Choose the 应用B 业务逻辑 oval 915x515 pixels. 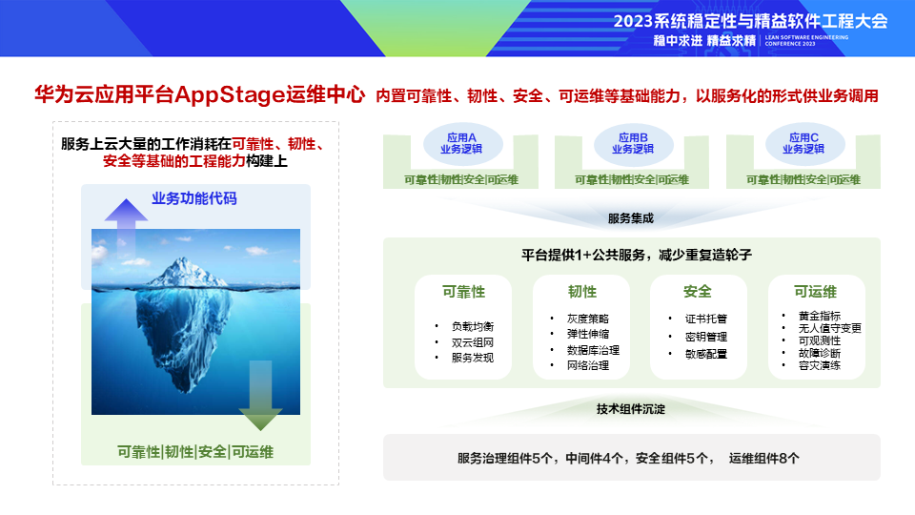point(632,143)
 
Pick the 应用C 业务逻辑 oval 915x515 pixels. point(803,143)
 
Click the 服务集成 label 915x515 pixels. point(631,218)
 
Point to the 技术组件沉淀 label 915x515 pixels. point(631,409)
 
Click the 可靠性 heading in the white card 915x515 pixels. point(463,291)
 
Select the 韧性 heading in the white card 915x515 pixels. point(581,291)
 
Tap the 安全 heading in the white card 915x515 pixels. point(698,291)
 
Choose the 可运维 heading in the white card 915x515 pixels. point(816,291)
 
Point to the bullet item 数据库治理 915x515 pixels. point(593,349)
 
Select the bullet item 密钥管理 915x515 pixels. point(705,336)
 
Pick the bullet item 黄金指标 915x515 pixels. point(819,316)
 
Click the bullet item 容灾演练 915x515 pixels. point(819,365)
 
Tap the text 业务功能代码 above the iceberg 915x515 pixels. point(194,198)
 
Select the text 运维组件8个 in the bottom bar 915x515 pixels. point(764,458)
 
